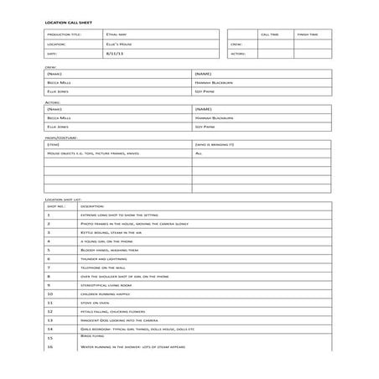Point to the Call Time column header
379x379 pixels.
click(x=270, y=34)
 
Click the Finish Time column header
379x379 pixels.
click(x=308, y=34)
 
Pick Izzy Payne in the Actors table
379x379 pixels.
click(x=205, y=127)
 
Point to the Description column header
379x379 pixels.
click(x=91, y=206)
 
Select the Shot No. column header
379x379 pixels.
click(x=55, y=206)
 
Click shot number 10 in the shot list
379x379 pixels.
click(x=49, y=294)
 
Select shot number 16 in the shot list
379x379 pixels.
click(x=49, y=347)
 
